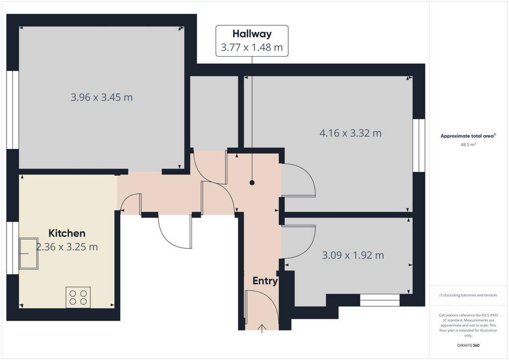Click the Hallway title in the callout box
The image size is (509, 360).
252,34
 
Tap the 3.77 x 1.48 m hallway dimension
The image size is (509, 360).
252,47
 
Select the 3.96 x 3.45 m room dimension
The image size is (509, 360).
101,97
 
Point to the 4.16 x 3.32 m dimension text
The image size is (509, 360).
350,133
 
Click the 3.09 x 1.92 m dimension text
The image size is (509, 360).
353,255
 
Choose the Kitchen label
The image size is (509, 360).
67,233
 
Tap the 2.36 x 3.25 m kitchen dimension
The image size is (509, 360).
67,247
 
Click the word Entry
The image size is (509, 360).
265,281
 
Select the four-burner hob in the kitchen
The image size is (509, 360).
78,297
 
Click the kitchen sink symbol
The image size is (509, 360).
28,254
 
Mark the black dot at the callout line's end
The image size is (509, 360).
252,183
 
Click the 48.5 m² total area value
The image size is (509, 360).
468,145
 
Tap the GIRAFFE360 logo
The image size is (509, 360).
468,346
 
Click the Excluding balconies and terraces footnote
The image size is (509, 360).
468,295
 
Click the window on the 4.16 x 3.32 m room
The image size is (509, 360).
419,145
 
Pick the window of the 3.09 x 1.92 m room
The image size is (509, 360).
380,300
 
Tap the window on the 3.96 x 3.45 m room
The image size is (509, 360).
12,110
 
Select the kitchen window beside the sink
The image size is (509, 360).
12,248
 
